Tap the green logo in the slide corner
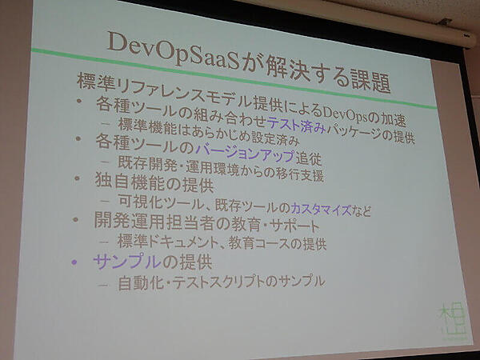[447, 327]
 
